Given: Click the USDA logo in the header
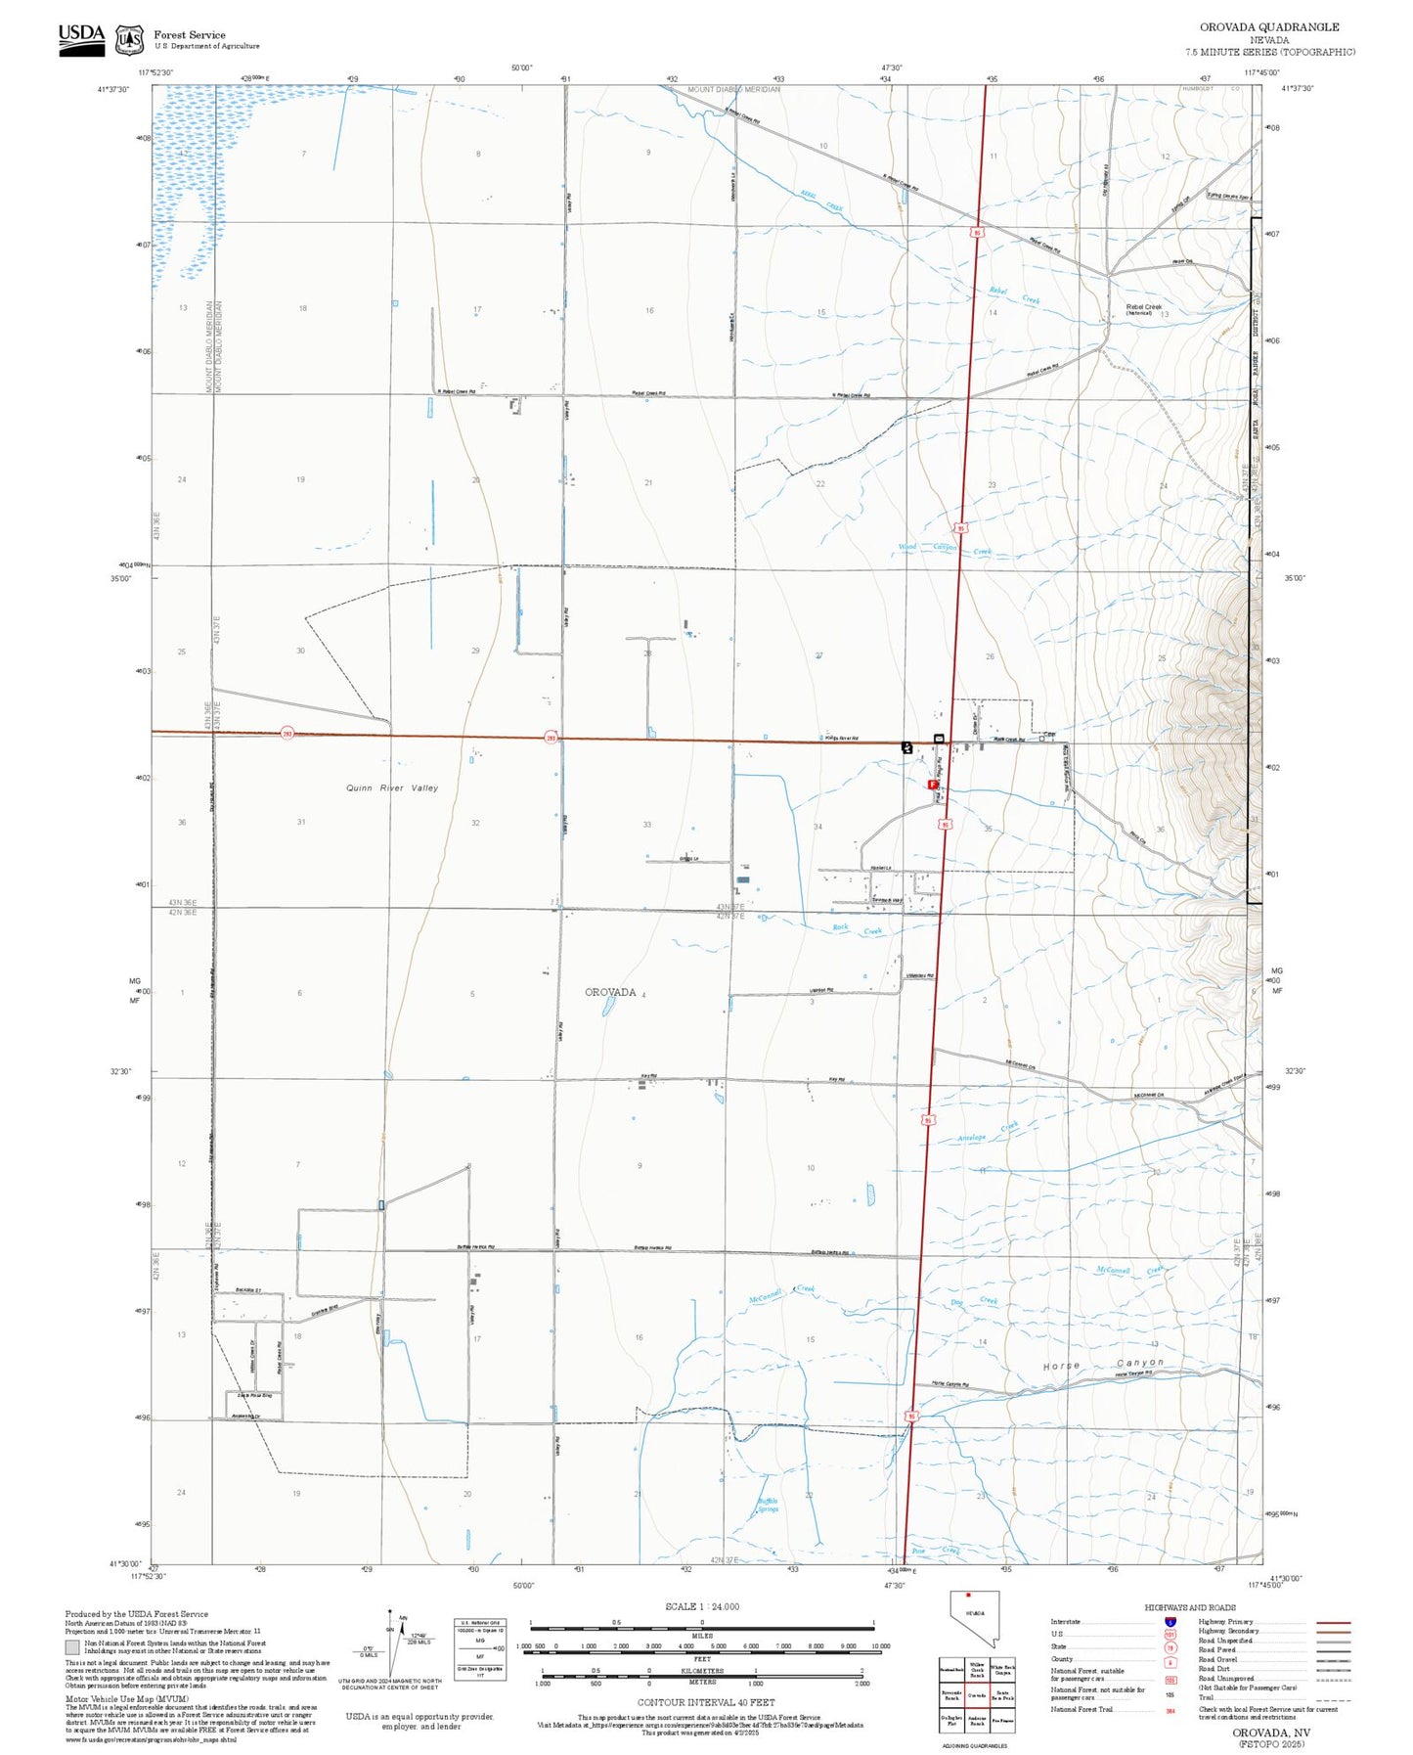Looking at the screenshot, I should (x=81, y=39).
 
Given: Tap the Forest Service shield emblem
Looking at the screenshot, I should (x=128, y=40).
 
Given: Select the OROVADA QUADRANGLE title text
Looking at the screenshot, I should (x=1269, y=26).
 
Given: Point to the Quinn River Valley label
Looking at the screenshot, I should (x=392, y=787).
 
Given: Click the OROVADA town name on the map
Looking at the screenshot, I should (x=610, y=992).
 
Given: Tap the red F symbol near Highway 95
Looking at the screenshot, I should (x=933, y=785).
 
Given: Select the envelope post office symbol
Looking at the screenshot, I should (x=939, y=738).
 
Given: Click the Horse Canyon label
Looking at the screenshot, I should (x=1103, y=1364).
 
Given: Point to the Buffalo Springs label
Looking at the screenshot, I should (x=769, y=1506).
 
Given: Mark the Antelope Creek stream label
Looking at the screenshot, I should (x=987, y=1133).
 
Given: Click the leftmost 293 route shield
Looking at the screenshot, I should (x=287, y=733).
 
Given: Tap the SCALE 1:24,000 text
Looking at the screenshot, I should (x=701, y=1606).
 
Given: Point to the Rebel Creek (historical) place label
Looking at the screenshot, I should (x=1144, y=309).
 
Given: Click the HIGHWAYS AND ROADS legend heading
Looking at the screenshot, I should (x=1189, y=1607).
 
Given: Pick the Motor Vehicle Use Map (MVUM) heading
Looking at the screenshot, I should (x=108, y=1699).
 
